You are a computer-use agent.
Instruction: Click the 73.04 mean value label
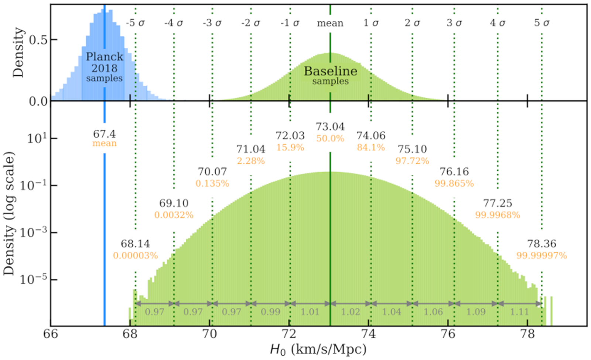pyautogui.click(x=330, y=127)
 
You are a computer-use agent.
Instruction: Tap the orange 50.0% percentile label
pyautogui.click(x=330, y=139)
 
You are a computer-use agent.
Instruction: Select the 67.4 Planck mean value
pyautogui.click(x=104, y=134)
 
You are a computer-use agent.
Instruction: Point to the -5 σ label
pyautogui.click(x=135, y=23)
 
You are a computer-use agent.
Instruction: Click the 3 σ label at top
pyautogui.click(x=454, y=23)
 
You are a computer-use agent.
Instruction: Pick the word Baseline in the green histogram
pyautogui.click(x=330, y=71)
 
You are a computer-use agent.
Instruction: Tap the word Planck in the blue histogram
pyautogui.click(x=105, y=57)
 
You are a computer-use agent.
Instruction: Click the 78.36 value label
pyautogui.click(x=542, y=244)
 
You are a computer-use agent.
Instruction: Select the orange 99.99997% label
pyautogui.click(x=542, y=255)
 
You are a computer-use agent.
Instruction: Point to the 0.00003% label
pyautogui.click(x=135, y=255)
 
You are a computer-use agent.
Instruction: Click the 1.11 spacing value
pyautogui.click(x=520, y=312)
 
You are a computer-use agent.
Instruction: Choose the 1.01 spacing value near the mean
pyautogui.click(x=310, y=312)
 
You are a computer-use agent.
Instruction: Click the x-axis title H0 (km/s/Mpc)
pyautogui.click(x=318, y=349)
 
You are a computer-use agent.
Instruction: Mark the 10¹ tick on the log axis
pyautogui.click(x=37, y=139)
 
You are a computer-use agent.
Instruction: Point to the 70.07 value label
pyautogui.click(x=212, y=172)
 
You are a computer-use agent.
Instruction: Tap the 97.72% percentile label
pyautogui.click(x=412, y=161)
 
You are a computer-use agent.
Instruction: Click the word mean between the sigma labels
pyautogui.click(x=330, y=23)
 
